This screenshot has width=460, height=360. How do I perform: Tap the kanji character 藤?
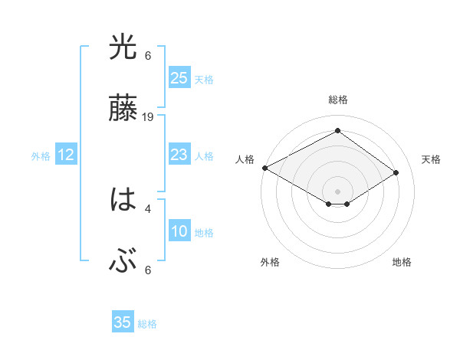click(123, 110)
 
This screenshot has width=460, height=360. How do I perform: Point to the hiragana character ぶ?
click(123, 263)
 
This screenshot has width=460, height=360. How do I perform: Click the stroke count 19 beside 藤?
click(149, 117)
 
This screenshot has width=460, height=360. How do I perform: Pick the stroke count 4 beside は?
click(148, 208)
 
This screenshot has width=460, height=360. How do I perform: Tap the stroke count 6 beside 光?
click(148, 55)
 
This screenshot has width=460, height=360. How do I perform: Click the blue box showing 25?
click(179, 78)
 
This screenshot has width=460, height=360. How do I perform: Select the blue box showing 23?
click(179, 155)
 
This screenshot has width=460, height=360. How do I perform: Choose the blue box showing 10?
click(179, 231)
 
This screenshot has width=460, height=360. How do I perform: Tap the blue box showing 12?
click(66, 155)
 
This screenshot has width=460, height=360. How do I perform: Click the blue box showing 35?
click(123, 322)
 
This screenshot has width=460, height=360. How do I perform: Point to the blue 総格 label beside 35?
click(147, 324)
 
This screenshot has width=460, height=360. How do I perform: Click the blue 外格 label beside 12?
click(41, 156)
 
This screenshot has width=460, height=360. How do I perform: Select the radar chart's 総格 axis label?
click(337, 100)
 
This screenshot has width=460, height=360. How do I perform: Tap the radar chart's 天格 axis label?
click(432, 159)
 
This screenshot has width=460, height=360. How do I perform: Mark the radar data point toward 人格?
click(264, 168)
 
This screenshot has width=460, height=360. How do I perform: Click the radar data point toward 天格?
click(396, 172)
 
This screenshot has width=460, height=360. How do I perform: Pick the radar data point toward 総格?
click(337, 131)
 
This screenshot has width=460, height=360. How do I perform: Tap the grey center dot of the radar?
click(337, 191)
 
